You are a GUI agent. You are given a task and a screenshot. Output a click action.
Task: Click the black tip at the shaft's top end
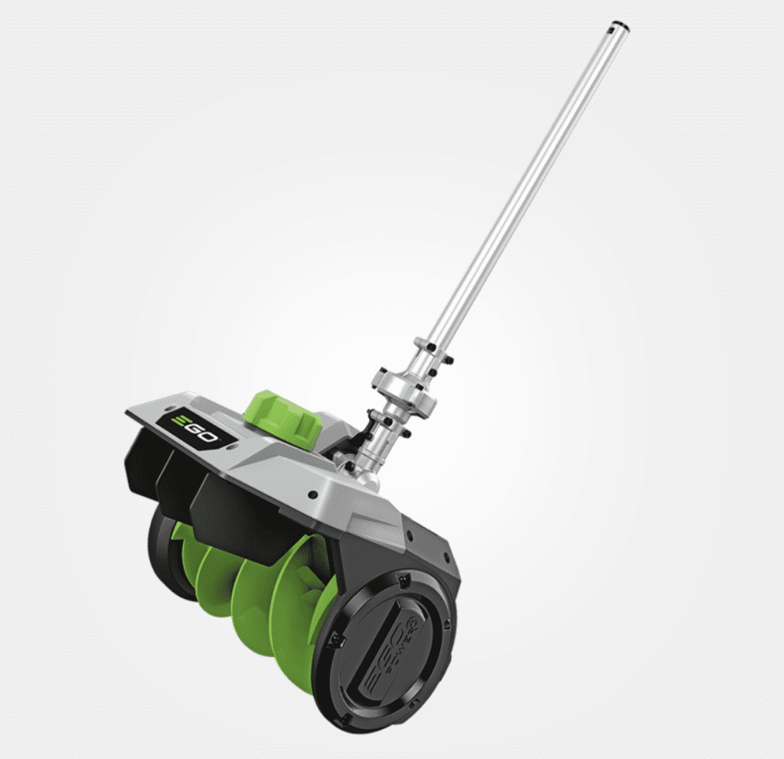(x=617, y=28)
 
